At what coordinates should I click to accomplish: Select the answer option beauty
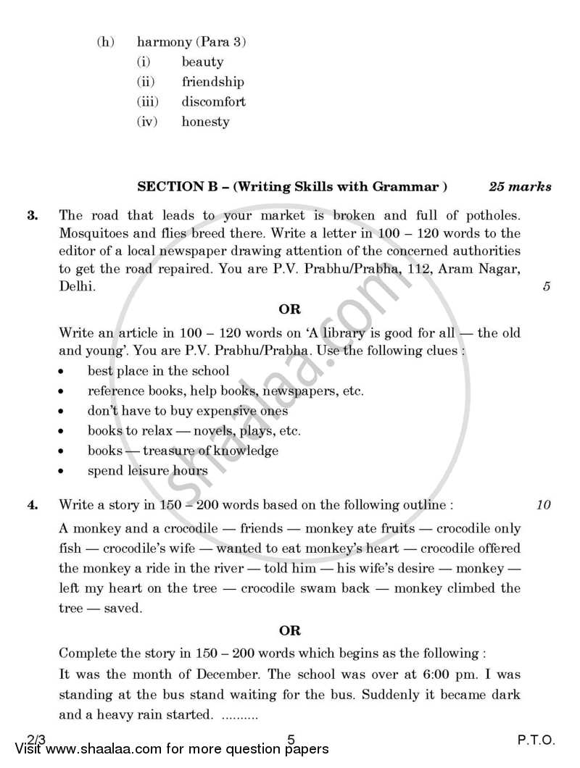pyautogui.click(x=202, y=62)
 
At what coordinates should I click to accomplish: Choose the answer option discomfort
pyautogui.click(x=213, y=102)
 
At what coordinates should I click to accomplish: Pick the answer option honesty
pyautogui.click(x=205, y=122)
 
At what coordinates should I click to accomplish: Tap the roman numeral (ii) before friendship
pyautogui.click(x=146, y=83)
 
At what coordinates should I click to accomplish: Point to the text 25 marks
pyautogui.click(x=520, y=187)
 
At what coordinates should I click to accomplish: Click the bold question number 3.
pyautogui.click(x=32, y=215)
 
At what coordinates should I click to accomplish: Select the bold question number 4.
pyautogui.click(x=32, y=506)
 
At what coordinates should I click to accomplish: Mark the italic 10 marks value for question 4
pyautogui.click(x=544, y=506)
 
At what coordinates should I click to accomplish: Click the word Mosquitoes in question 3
pyautogui.click(x=94, y=233)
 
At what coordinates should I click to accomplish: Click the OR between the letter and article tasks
pyautogui.click(x=289, y=309)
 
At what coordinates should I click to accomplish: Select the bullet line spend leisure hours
pyautogui.click(x=148, y=470)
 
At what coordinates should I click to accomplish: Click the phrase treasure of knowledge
pyautogui.click(x=210, y=451)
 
